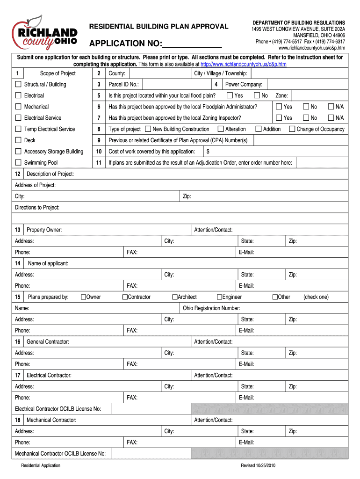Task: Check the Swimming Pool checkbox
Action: (18, 163)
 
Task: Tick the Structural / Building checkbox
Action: (18, 84)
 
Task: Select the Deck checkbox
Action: (18, 140)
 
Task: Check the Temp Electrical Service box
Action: (18, 129)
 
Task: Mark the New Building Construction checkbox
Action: (148, 129)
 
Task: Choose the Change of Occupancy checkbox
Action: (292, 129)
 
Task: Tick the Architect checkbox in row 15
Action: (175, 297)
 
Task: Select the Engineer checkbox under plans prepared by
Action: (219, 297)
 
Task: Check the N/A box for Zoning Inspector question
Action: (331, 118)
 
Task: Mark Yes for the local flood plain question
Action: (230, 95)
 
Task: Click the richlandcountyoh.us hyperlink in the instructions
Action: (243, 64)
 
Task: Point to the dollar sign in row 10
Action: (208, 152)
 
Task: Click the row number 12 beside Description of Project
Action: (17, 174)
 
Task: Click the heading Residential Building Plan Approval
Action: (159, 27)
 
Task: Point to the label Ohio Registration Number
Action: (211, 308)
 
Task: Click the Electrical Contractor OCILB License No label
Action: (58, 409)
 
